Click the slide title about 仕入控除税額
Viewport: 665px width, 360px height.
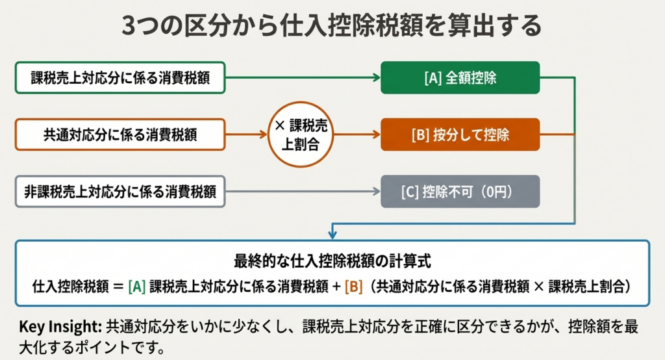[332, 27]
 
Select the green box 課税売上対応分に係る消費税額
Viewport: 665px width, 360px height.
[120, 79]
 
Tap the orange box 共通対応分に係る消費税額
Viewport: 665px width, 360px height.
[120, 135]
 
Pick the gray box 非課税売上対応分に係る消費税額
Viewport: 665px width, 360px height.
[120, 191]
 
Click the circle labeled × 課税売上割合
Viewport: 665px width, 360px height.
[301, 135]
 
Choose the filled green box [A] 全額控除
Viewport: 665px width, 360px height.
[460, 79]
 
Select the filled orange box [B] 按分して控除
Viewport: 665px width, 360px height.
[460, 135]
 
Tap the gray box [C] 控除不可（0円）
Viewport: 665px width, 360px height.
[460, 191]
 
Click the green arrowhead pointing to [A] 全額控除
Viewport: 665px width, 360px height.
[376, 79]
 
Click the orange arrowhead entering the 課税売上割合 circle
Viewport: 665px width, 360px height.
[264, 135]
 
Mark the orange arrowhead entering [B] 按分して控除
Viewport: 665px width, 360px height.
[376, 135]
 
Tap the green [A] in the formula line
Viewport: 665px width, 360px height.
[136, 286]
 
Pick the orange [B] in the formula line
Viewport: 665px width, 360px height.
[353, 286]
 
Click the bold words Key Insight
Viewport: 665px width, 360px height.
[57, 326]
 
